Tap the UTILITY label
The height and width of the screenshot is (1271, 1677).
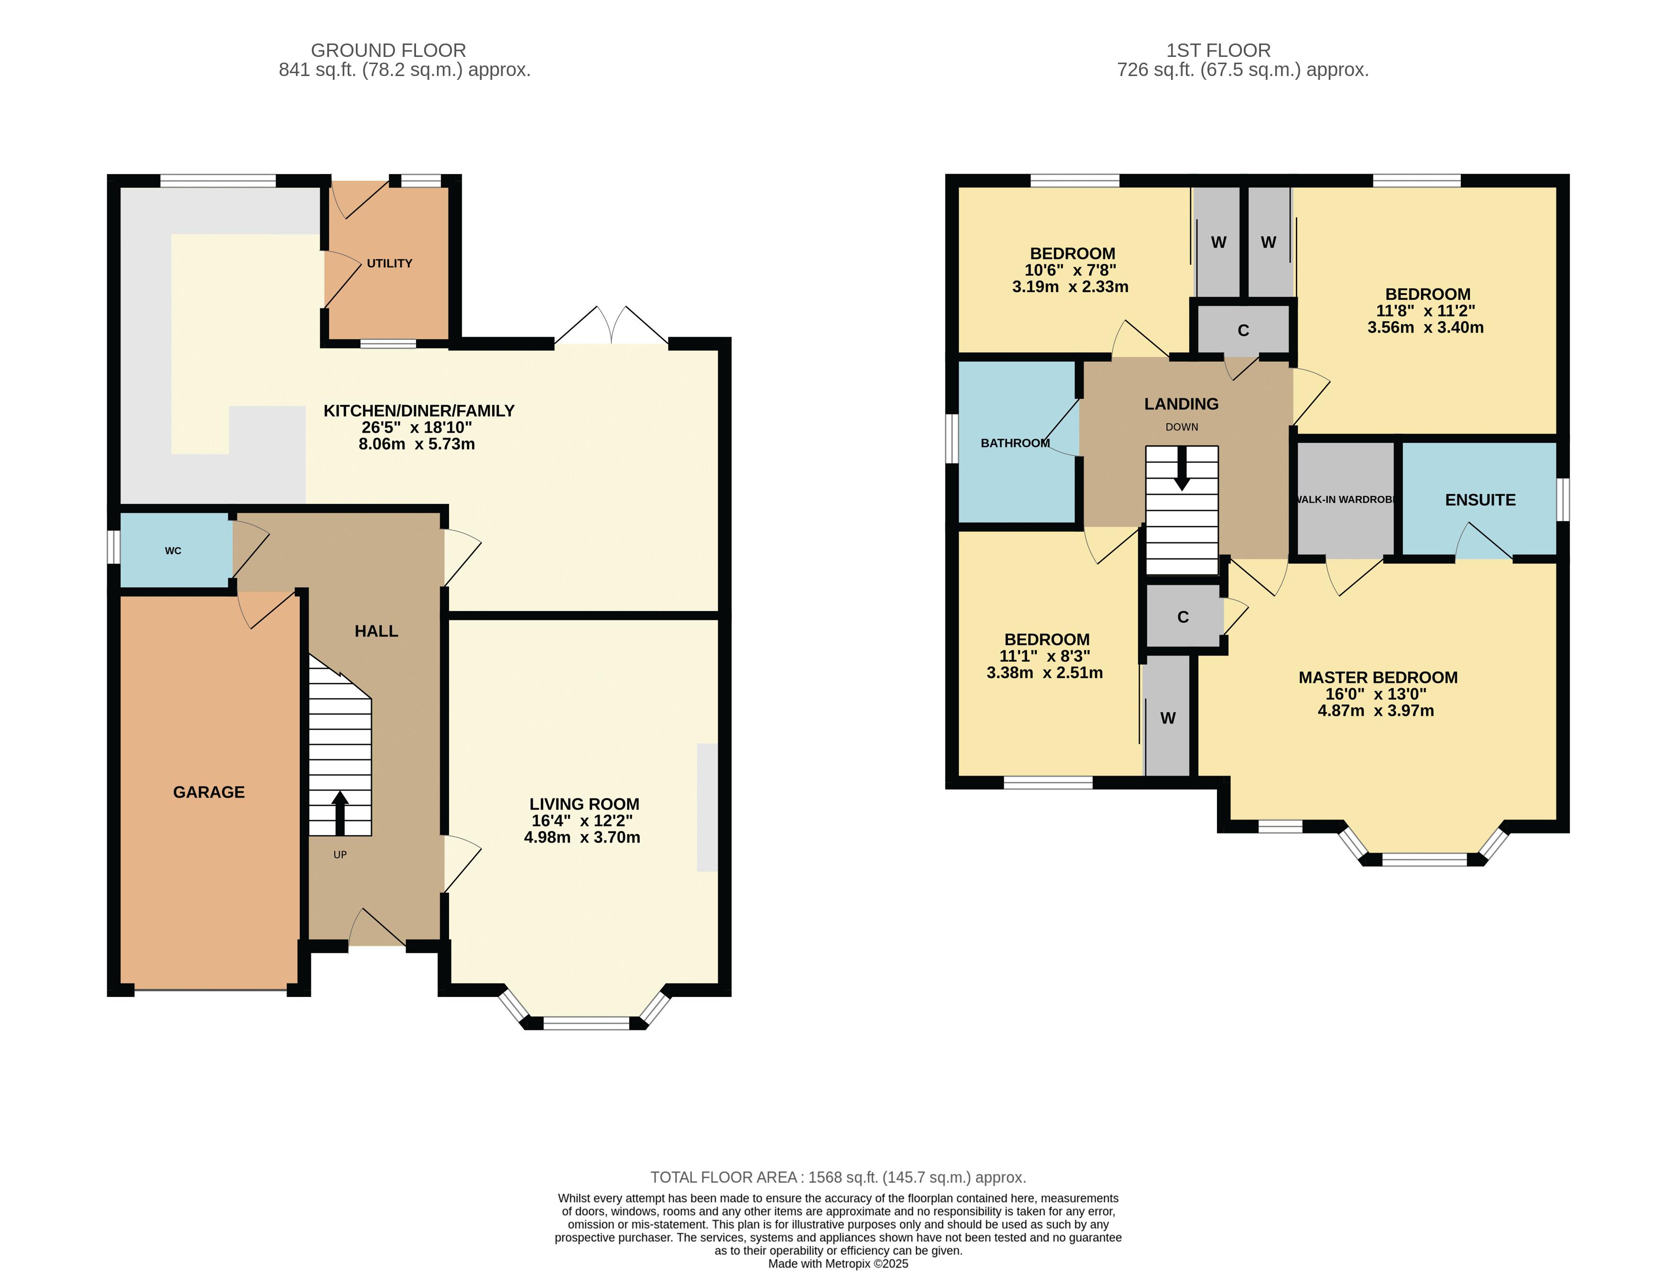click(x=390, y=263)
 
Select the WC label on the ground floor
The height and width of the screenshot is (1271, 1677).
click(x=173, y=551)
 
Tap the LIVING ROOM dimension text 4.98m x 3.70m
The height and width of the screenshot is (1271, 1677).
click(x=582, y=837)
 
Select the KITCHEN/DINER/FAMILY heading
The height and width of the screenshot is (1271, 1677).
click(x=419, y=411)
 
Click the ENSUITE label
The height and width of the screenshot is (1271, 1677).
click(x=1480, y=500)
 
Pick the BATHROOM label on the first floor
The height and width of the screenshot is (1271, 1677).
click(x=1015, y=443)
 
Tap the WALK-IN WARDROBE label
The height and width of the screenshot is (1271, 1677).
click(x=1345, y=499)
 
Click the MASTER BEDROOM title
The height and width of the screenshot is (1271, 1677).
click(x=1378, y=678)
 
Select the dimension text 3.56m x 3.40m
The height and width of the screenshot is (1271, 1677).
click(x=1425, y=328)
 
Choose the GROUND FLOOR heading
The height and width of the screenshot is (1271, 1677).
click(x=388, y=51)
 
